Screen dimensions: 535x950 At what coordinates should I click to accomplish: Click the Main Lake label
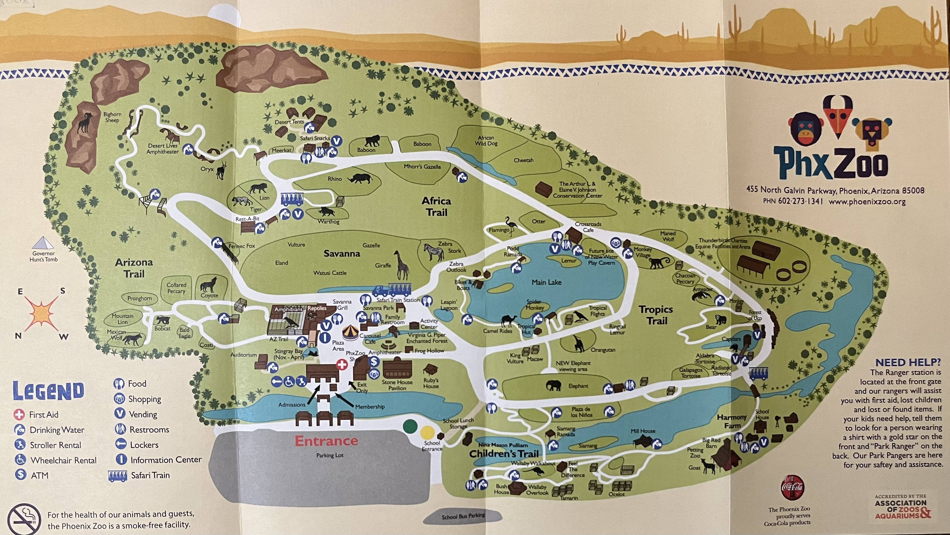tap(546, 282)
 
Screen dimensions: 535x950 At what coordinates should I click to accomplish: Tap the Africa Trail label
tap(436, 207)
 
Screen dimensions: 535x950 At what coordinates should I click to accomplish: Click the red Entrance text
tap(326, 441)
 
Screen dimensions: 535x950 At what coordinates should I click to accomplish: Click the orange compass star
tap(41, 314)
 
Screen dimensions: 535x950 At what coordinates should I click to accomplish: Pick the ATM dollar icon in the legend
tap(21, 475)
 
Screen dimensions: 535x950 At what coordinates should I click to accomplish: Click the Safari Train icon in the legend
tap(117, 476)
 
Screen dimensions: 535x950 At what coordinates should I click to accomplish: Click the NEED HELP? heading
tap(908, 362)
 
